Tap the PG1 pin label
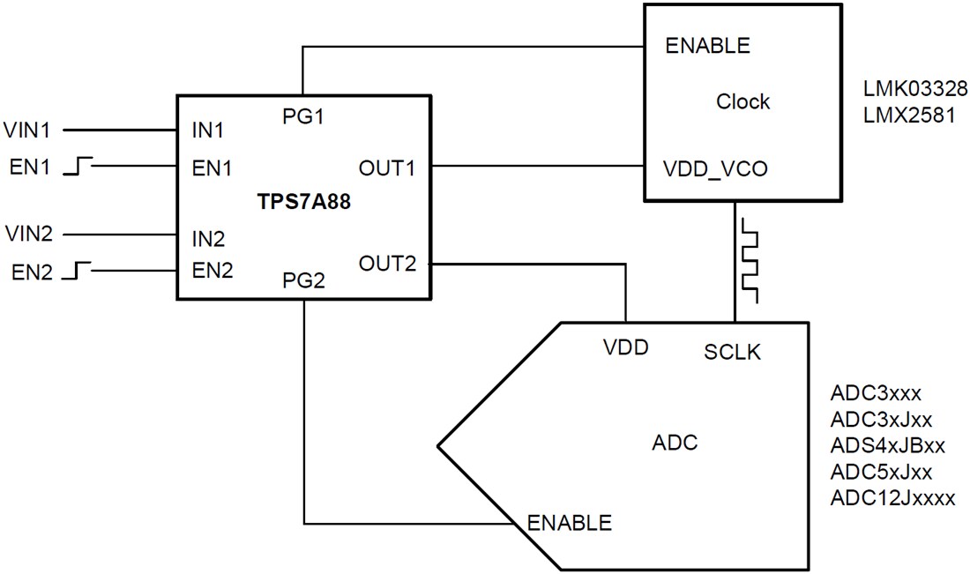click(x=302, y=116)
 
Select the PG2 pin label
click(x=302, y=282)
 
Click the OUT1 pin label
click(x=386, y=167)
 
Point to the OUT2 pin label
click(x=386, y=262)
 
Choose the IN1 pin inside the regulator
click(x=208, y=130)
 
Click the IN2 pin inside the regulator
click(x=208, y=238)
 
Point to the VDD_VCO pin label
click(x=714, y=168)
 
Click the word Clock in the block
click(x=742, y=101)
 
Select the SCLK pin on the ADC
click(x=733, y=352)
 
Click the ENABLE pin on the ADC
click(x=569, y=522)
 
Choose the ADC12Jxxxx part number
click(x=892, y=497)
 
